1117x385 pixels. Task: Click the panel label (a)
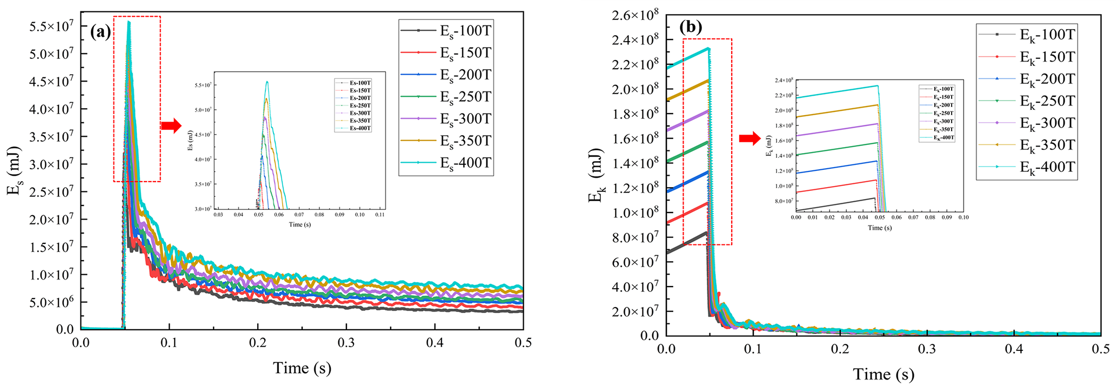coord(101,32)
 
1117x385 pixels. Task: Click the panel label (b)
coord(690,28)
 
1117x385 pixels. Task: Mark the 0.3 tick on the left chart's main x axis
coord(346,343)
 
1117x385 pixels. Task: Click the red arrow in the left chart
coord(171,126)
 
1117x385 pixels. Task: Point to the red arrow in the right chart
coord(750,139)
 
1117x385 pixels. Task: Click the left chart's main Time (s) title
coord(302,368)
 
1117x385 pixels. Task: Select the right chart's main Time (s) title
coord(884,374)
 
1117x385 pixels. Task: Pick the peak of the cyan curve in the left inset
coord(266,82)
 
